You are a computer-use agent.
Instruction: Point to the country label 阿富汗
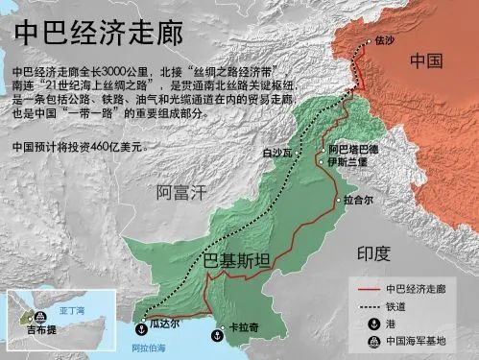(181, 192)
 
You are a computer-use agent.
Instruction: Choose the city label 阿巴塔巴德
(353, 150)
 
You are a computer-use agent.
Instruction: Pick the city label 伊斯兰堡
(347, 162)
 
